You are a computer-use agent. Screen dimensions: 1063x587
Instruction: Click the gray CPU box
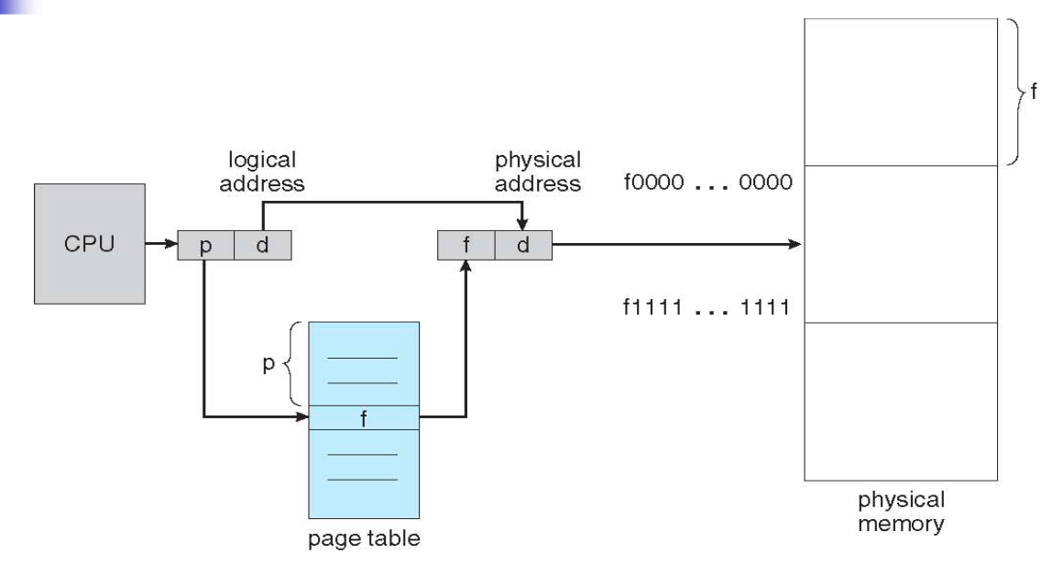(x=90, y=244)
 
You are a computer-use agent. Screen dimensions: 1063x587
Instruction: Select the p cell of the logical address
(x=206, y=245)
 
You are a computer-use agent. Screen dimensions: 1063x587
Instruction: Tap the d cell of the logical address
(x=263, y=245)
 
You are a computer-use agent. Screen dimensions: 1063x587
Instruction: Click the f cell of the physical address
(x=466, y=245)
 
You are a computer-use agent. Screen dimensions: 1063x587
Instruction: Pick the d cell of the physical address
(x=523, y=245)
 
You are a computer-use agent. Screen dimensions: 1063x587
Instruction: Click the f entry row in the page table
(x=364, y=417)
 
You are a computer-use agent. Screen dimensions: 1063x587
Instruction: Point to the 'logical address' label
(x=262, y=172)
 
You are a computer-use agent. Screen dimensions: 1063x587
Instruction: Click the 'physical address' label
(x=538, y=172)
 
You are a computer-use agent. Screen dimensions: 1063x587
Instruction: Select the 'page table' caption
(x=364, y=538)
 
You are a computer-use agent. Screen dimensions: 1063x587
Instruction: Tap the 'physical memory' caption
(x=901, y=512)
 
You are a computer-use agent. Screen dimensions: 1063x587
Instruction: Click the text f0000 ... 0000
(x=707, y=182)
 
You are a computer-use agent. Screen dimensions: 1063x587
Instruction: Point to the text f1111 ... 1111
(x=707, y=307)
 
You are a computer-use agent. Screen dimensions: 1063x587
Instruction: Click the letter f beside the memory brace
(x=1033, y=90)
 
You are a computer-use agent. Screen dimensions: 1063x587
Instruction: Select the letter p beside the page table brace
(x=268, y=364)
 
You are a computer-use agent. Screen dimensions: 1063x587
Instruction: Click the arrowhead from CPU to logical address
(x=171, y=244)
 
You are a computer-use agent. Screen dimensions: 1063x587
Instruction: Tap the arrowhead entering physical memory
(x=795, y=244)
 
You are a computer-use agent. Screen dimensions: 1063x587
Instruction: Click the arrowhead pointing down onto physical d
(x=522, y=224)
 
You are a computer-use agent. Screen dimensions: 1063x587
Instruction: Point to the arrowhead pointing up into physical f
(x=466, y=267)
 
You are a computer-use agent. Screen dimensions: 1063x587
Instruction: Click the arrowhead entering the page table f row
(x=302, y=416)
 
